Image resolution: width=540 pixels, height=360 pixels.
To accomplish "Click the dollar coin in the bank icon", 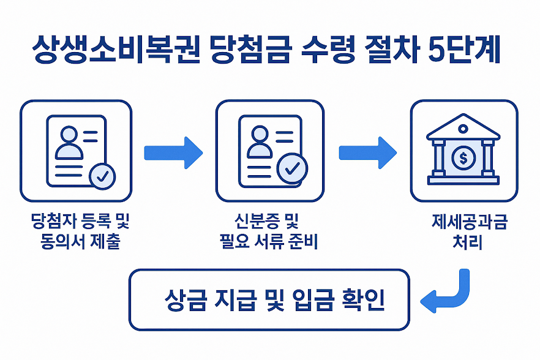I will coord(463,158).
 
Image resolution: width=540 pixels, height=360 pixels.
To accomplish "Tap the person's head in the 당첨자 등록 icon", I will coord(70,133).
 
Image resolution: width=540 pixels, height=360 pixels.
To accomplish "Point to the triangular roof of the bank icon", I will coord(463,129).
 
